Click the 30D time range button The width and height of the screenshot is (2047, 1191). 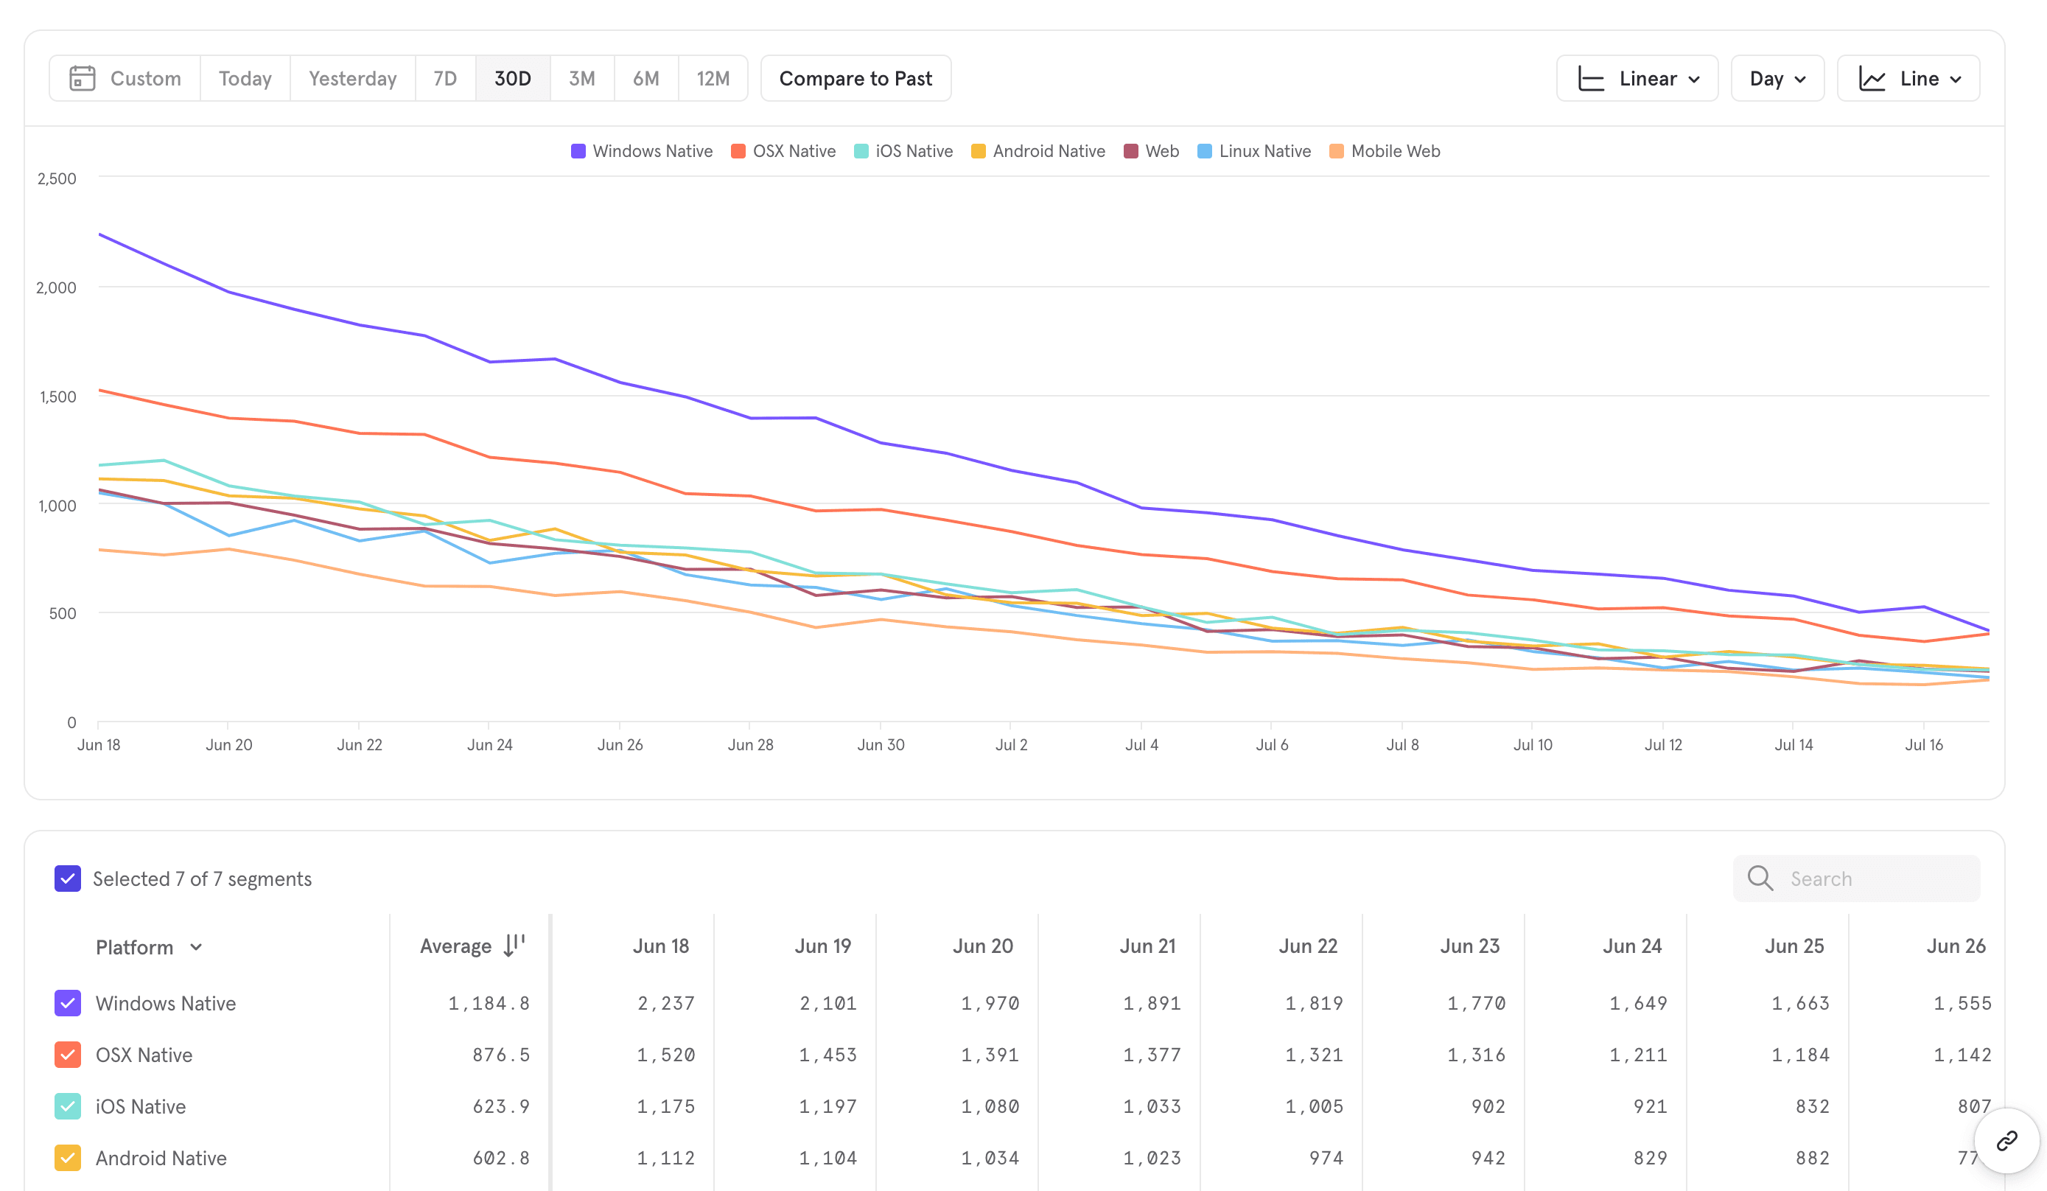513,79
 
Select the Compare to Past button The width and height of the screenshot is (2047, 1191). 855,79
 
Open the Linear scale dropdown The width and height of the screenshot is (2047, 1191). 1637,79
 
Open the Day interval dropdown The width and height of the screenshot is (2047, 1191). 1777,79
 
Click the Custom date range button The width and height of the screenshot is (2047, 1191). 126,79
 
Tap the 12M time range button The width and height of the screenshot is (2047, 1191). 713,79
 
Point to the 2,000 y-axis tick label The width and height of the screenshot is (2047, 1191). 56,287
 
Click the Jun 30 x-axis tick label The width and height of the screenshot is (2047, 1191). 881,744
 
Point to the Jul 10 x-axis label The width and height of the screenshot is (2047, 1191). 1532,744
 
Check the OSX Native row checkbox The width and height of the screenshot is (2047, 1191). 67,1055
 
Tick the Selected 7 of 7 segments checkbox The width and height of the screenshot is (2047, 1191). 67,879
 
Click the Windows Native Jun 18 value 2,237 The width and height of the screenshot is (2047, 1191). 665,1003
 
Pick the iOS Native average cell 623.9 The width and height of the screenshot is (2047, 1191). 500,1106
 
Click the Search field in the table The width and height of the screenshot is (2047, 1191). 1868,879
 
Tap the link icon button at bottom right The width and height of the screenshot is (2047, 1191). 2006,1141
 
